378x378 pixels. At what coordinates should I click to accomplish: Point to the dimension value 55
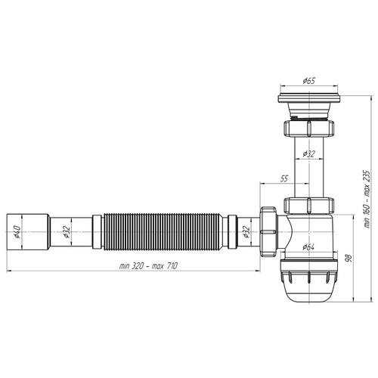(283, 178)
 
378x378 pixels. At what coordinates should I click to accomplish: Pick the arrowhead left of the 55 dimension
(262, 184)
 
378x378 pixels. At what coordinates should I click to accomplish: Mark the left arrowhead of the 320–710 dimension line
(9, 270)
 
